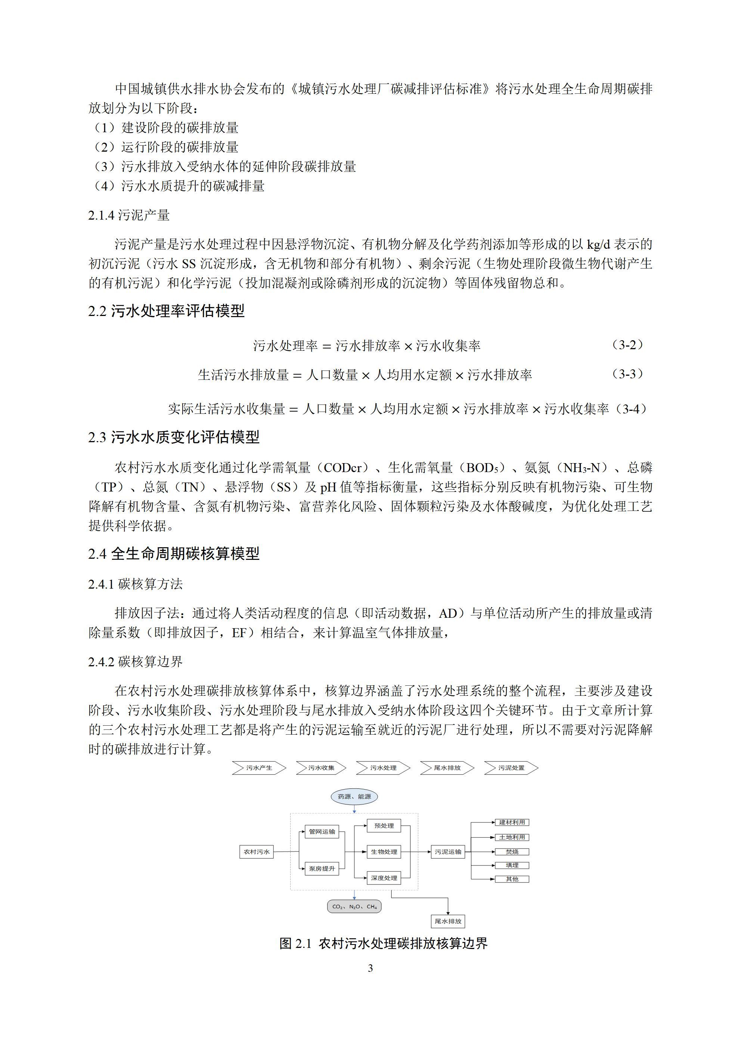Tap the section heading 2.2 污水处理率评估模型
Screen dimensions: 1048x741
click(x=166, y=311)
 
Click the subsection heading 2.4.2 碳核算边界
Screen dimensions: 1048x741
click(x=135, y=661)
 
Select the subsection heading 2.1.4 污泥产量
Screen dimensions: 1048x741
click(x=129, y=215)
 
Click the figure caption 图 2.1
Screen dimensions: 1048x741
click(x=384, y=943)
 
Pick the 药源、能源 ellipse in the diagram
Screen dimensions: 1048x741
click(x=354, y=797)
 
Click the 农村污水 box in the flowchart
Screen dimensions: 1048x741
click(x=257, y=852)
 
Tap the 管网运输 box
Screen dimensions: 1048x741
click(x=322, y=832)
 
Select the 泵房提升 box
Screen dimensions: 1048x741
click(x=322, y=869)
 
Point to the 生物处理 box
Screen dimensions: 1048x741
click(x=384, y=852)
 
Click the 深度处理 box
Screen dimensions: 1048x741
click(x=384, y=878)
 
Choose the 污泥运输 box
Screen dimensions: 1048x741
click(x=448, y=852)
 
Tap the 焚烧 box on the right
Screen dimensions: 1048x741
click(x=512, y=852)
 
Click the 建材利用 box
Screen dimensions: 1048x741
click(x=512, y=822)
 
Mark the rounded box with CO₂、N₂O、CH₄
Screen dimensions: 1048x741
click(x=354, y=906)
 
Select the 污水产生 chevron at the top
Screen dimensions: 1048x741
click(x=259, y=768)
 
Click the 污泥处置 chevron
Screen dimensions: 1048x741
click(x=511, y=768)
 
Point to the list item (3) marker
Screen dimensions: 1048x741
click(x=105, y=167)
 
